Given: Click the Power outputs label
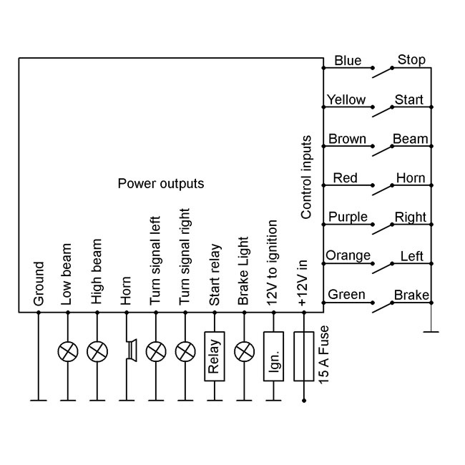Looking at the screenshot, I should coord(160,184).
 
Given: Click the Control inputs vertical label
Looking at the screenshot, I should coord(306,177).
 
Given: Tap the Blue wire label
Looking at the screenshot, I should coord(348,61).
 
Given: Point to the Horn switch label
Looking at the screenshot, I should coord(410,178).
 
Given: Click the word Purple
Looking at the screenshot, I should coord(347,217).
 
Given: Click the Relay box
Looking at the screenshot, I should coord(215,356).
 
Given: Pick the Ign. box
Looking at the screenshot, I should coord(273,356).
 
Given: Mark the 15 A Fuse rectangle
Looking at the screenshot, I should coord(304,356).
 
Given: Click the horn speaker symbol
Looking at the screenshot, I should coord(129,351).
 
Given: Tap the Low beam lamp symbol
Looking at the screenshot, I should coord(67,351).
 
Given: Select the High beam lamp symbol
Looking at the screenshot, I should coord(97,351).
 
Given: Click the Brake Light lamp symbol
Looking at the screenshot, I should coord(245,351).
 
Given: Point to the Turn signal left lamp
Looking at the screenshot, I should coord(156,351).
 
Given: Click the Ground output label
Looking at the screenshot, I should coord(39,283).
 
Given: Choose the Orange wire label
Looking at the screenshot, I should coord(348,255).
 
